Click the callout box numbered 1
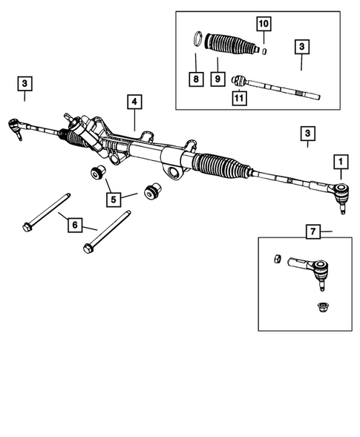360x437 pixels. click(x=341, y=160)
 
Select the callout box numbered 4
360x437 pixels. click(x=134, y=101)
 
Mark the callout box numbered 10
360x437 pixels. click(x=262, y=24)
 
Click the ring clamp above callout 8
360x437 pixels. click(x=198, y=38)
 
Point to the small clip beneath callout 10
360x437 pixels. click(x=265, y=50)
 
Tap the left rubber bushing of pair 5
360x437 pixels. click(x=96, y=175)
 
